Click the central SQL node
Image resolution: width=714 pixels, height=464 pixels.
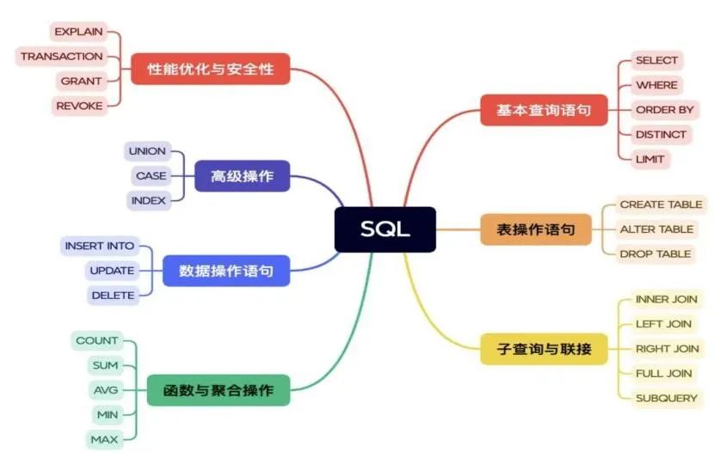385,229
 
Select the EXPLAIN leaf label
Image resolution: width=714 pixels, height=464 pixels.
79,32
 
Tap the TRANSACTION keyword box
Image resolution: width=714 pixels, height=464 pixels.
61,57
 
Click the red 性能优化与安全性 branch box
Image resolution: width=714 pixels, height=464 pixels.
211,69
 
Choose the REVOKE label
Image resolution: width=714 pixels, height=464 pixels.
79,106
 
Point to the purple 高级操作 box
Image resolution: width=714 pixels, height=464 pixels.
243,176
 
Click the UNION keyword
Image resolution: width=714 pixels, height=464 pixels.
148,151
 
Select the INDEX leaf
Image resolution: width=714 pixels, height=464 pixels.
149,200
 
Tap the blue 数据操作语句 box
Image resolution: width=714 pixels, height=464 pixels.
226,272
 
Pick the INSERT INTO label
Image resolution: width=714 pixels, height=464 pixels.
100,246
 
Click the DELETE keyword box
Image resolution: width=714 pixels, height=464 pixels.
113,296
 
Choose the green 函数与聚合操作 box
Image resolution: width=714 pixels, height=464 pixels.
219,390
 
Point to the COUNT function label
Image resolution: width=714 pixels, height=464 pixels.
97,341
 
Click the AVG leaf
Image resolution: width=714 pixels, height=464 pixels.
106,390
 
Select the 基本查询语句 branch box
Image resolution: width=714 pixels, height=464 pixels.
545,110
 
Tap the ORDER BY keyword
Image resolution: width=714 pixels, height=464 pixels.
665,110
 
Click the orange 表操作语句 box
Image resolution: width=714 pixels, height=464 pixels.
536,229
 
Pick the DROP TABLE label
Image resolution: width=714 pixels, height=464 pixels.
656,254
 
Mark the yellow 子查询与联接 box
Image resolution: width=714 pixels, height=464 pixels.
545,349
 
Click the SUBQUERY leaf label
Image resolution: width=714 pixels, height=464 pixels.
667,399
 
